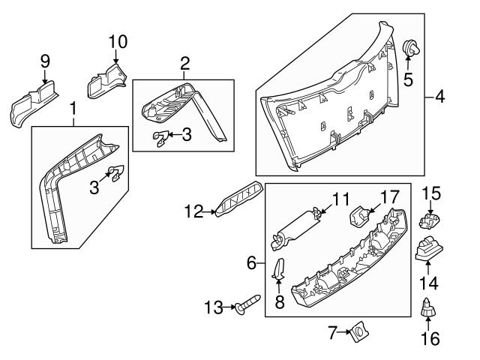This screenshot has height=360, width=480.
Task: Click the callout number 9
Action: [x=44, y=60]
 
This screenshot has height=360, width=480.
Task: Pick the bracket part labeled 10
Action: [x=104, y=80]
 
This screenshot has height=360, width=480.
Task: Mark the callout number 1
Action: [x=73, y=111]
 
